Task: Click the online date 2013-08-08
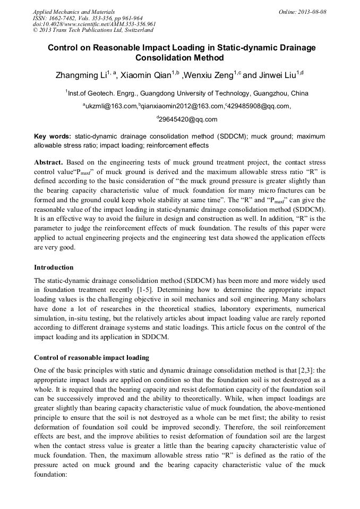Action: pos(313,11)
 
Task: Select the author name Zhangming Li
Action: pos(81,76)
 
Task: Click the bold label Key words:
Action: pos(53,136)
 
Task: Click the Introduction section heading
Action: pos(54,267)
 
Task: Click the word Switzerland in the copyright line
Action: pos(135,30)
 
